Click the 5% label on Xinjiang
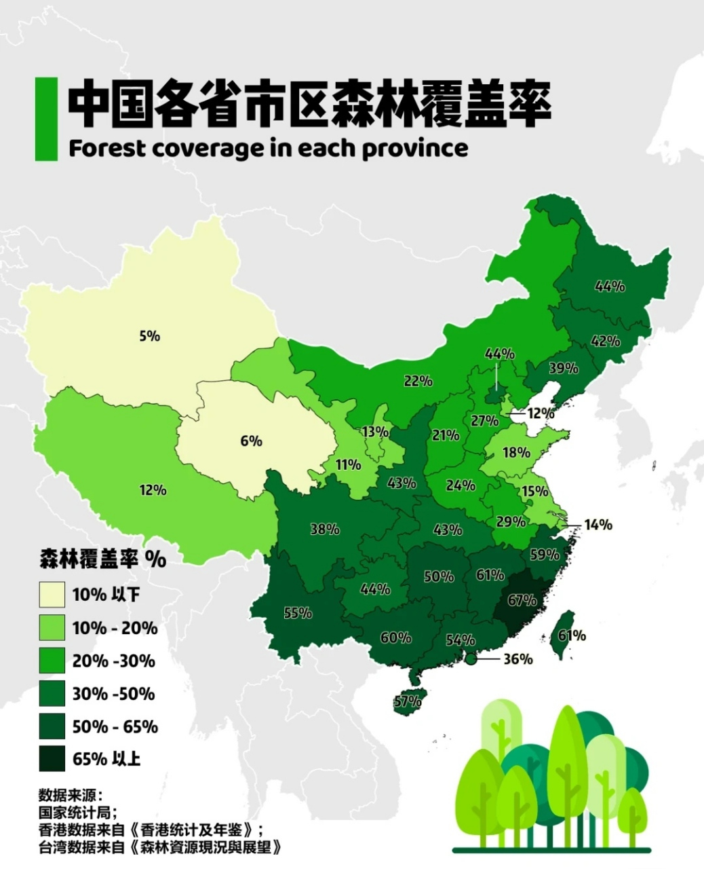tap(149, 336)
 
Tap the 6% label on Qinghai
tap(251, 441)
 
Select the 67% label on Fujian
tap(522, 600)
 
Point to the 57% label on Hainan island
tap(407, 701)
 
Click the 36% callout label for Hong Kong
tap(517, 659)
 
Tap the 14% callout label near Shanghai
tap(598, 524)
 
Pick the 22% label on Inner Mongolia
tap(418, 381)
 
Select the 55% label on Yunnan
tap(298, 613)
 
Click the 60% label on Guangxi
tap(395, 637)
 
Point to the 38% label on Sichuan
tap(325, 529)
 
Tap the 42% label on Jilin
tap(605, 341)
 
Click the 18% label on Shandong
tap(516, 452)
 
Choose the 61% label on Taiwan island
tap(572, 635)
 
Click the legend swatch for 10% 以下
tap(52, 595)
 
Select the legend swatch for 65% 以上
tap(52, 759)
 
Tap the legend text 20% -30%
tap(114, 661)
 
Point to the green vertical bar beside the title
tap(46, 119)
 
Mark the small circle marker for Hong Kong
tap(471, 659)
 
